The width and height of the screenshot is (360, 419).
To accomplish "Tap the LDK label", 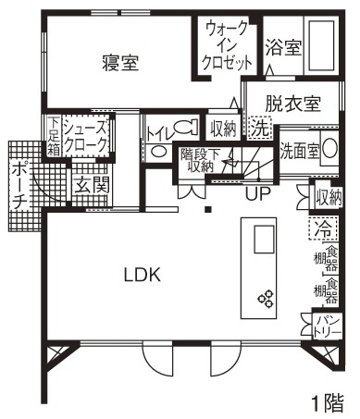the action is click(x=143, y=274).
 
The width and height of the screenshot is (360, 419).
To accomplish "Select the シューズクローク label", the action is click(x=86, y=137).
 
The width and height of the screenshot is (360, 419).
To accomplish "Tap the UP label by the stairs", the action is click(x=258, y=194).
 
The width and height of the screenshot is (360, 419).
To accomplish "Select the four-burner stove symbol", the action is click(x=267, y=298).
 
